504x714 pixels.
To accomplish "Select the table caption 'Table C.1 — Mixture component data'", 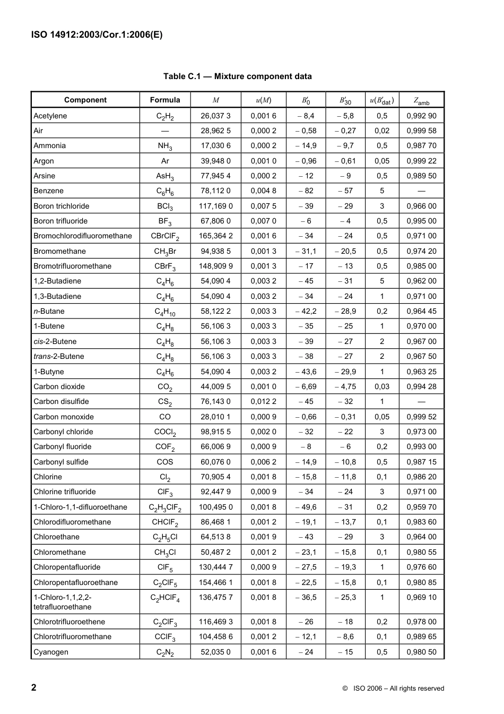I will coord(237,76).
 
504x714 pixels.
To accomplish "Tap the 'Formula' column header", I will coord(165,100).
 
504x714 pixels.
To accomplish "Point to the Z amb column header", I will coord(421,100).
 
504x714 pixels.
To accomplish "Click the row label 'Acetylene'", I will coord(50,116).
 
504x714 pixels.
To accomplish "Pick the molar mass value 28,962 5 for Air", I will coord(215,131).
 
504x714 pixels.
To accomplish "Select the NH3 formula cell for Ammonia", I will coord(165,146).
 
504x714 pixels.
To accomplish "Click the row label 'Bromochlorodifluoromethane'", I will coord(82,236).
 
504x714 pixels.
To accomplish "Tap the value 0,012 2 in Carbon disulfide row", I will coord(263,401).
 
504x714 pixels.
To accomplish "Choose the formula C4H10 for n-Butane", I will coord(165,312).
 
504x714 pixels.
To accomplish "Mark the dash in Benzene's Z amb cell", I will coord(421,191).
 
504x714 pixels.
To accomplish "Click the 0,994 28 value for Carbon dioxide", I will coord(421,386).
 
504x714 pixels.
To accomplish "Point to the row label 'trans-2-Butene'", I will coord(58,356).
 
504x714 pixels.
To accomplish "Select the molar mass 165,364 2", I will coord(215,236).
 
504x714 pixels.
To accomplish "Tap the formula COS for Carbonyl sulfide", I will coord(165,462).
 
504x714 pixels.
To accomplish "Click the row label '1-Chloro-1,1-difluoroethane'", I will coord(80,507).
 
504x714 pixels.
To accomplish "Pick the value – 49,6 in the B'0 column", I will coord(306,507).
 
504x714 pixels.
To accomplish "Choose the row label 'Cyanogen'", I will coord(50,652).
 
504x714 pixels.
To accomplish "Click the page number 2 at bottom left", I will coord(34,687).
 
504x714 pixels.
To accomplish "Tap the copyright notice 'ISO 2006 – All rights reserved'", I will coord(393,689).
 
